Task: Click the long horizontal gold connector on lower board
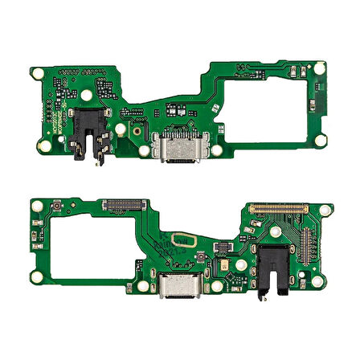(x=277, y=208)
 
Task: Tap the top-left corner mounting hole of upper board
(x=36, y=71)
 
